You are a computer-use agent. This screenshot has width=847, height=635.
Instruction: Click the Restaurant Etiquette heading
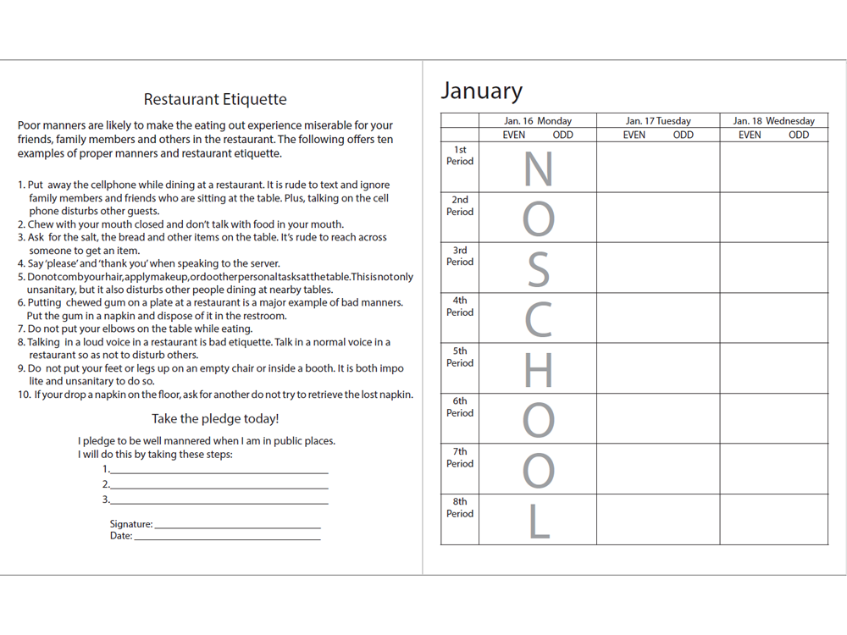click(215, 99)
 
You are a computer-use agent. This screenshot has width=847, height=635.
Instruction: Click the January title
click(481, 91)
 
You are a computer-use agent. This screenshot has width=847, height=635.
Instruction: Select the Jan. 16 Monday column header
click(538, 121)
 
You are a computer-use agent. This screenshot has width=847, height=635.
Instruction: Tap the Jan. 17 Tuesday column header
click(658, 121)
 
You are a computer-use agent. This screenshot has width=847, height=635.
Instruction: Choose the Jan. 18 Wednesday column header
click(773, 121)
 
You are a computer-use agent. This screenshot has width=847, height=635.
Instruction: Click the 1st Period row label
click(460, 156)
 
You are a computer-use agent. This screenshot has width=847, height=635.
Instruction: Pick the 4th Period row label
click(460, 306)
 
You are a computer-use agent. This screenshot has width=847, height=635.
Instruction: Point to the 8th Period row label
click(460, 508)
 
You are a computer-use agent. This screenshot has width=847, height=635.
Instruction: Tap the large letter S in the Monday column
click(538, 268)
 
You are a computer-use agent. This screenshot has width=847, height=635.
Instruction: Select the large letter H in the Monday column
click(538, 369)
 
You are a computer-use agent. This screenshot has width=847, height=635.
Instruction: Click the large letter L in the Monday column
click(538, 520)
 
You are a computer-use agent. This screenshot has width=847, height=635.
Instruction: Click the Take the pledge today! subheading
click(215, 419)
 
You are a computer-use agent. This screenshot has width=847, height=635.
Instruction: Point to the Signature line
click(237, 525)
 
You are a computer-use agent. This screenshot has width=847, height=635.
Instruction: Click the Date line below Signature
click(227, 537)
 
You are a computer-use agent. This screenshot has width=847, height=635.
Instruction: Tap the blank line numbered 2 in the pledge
click(219, 485)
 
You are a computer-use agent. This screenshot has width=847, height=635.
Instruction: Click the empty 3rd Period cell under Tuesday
click(658, 268)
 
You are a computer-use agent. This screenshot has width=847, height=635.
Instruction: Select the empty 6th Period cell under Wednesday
click(773, 418)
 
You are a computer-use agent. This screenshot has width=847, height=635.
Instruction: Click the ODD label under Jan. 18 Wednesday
click(799, 135)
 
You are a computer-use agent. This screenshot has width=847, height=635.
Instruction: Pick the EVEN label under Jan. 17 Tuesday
click(634, 135)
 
